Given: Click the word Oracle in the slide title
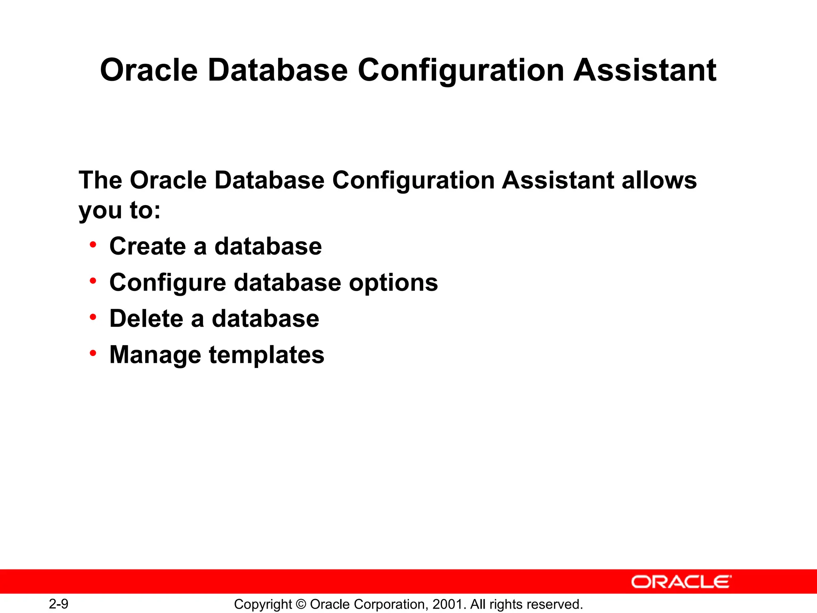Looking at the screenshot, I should coord(149,70).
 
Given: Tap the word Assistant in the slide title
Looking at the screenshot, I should coord(645,70).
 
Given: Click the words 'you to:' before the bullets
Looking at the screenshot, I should coord(119,211).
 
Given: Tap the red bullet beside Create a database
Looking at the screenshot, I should coord(93,244).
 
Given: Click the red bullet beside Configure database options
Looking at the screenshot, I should coord(93,281).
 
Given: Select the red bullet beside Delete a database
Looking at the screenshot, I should coord(93,317).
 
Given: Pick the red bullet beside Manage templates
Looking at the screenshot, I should coord(93,353).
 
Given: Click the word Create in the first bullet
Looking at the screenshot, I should coord(147,246).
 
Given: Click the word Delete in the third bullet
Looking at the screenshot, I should coord(146,319).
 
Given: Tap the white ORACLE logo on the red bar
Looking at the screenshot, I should coord(681,582).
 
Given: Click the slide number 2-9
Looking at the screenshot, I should coord(59,604).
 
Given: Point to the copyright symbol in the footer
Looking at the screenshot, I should coord(301,604).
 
